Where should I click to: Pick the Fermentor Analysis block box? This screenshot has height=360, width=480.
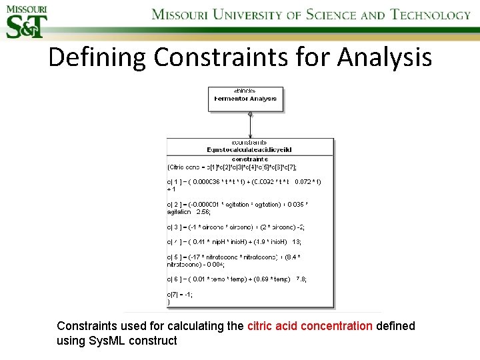pyautogui.click(x=246, y=99)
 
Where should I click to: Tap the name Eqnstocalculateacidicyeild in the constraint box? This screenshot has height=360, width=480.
pyautogui.click(x=250, y=150)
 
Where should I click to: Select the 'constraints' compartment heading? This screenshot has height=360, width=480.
pyautogui.click(x=250, y=159)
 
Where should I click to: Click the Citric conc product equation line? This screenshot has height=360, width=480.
pyautogui.click(x=233, y=167)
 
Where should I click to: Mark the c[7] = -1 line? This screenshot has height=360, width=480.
pyautogui.click(x=180, y=295)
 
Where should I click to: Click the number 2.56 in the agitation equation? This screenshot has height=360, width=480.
pyautogui.click(x=202, y=212)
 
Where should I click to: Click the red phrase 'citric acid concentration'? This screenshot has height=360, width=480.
pyautogui.click(x=310, y=327)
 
